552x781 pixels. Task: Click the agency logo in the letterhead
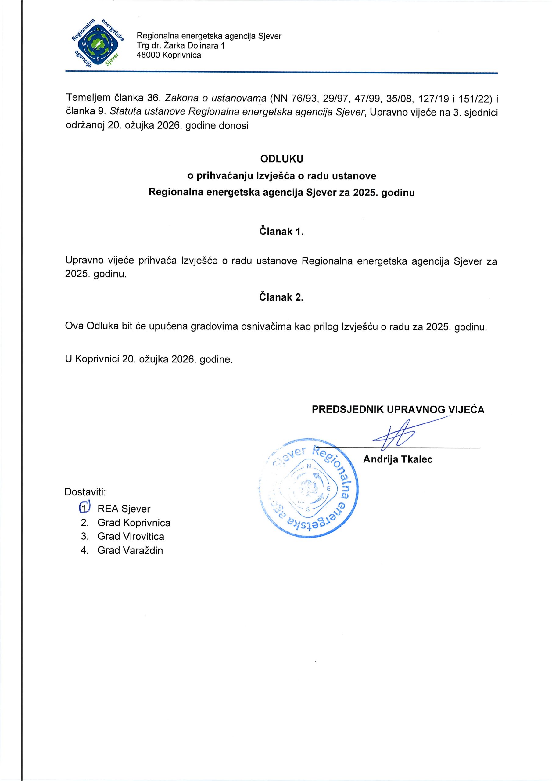(x=97, y=43)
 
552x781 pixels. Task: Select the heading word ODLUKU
(x=281, y=159)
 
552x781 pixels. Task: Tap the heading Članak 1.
(x=281, y=232)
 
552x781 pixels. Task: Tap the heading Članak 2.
(x=281, y=297)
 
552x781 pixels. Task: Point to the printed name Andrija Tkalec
(x=398, y=459)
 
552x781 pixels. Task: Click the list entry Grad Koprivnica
(x=134, y=523)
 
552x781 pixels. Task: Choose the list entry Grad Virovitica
(x=131, y=536)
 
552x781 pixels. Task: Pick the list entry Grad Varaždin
(x=130, y=550)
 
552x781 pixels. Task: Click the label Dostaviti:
(x=85, y=492)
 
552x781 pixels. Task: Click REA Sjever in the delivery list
(x=124, y=509)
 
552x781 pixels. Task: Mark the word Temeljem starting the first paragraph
(x=88, y=98)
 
